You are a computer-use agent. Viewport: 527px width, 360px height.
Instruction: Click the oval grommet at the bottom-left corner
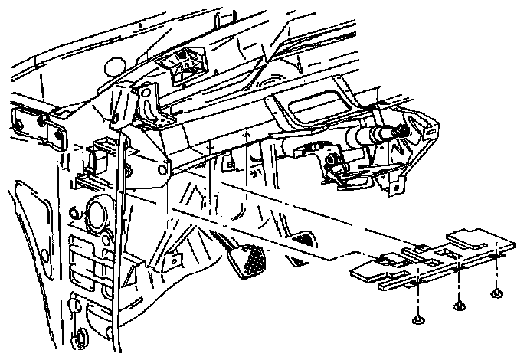point(79,337)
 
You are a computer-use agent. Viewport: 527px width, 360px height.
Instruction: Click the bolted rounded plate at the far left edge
point(38,125)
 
